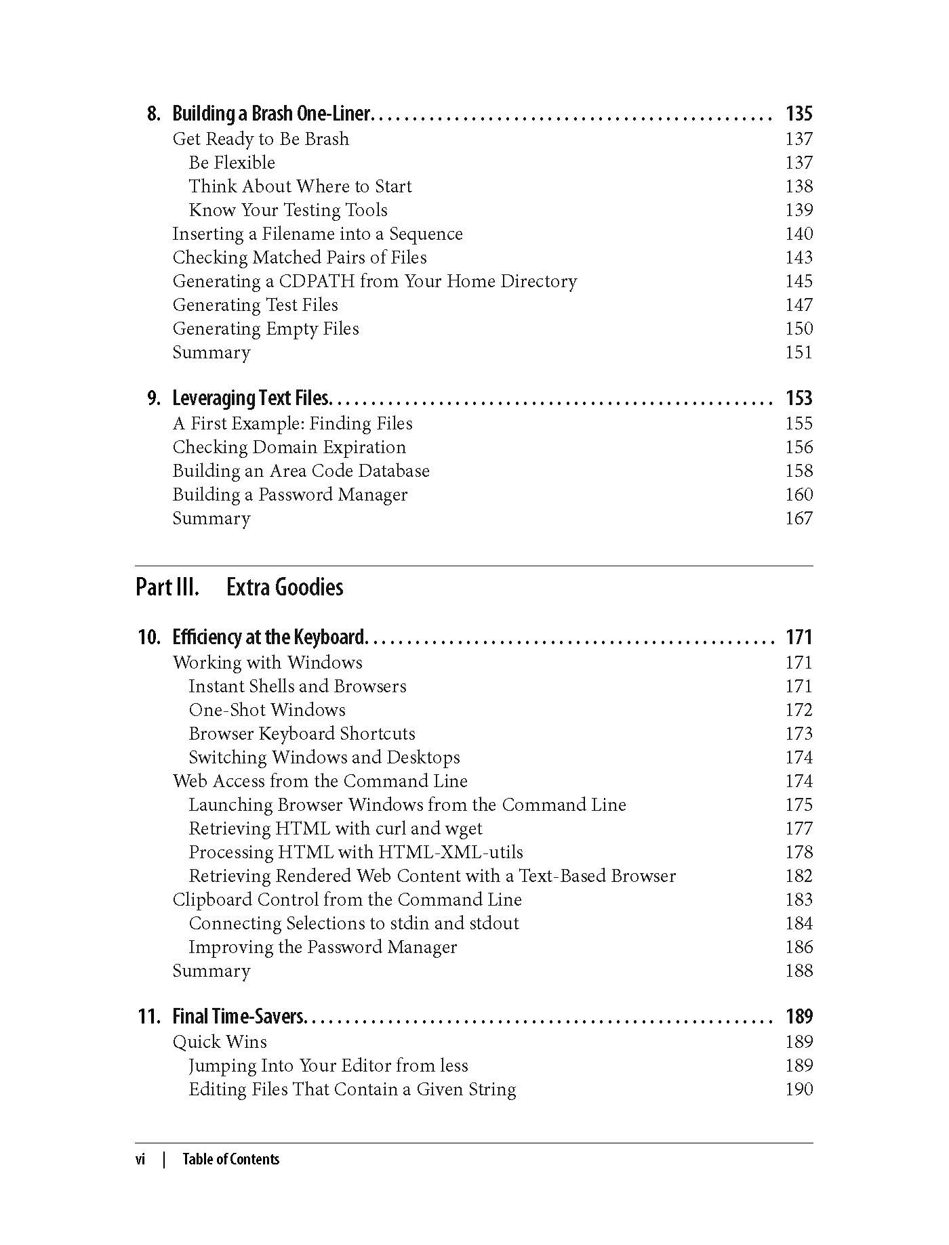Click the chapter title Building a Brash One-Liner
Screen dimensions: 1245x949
click(x=271, y=114)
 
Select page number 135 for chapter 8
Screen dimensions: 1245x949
click(x=799, y=114)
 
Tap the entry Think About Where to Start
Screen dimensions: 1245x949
click(x=300, y=186)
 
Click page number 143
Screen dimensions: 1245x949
click(x=799, y=257)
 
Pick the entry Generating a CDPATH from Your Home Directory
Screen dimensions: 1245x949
click(x=374, y=281)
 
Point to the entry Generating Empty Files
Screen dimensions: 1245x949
click(x=265, y=329)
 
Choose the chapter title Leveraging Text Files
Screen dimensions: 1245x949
click(x=250, y=398)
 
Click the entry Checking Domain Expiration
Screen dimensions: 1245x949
click(x=289, y=447)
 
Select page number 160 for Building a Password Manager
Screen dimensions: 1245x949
click(x=799, y=494)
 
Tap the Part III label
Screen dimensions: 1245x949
click(x=167, y=587)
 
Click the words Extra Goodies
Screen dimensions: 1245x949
click(x=285, y=587)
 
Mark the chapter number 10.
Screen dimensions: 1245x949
click(x=149, y=637)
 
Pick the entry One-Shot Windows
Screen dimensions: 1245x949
click(x=266, y=710)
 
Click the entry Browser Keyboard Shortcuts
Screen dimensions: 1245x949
click(x=302, y=734)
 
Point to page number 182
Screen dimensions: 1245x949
click(x=799, y=876)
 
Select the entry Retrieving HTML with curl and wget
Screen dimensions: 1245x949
click(x=335, y=828)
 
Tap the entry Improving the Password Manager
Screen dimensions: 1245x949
click(x=322, y=947)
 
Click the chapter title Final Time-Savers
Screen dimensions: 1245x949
click(x=239, y=1017)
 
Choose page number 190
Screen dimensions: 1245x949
click(x=799, y=1089)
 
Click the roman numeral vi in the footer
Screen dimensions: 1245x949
click(x=140, y=1159)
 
